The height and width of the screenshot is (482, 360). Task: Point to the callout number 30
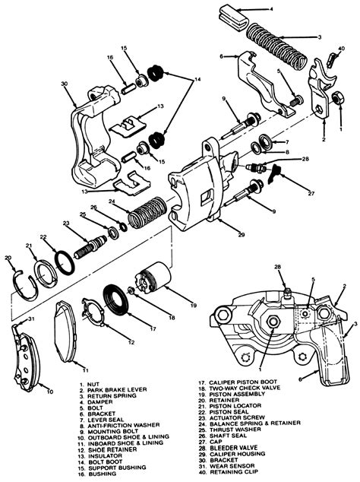click(65, 84)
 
